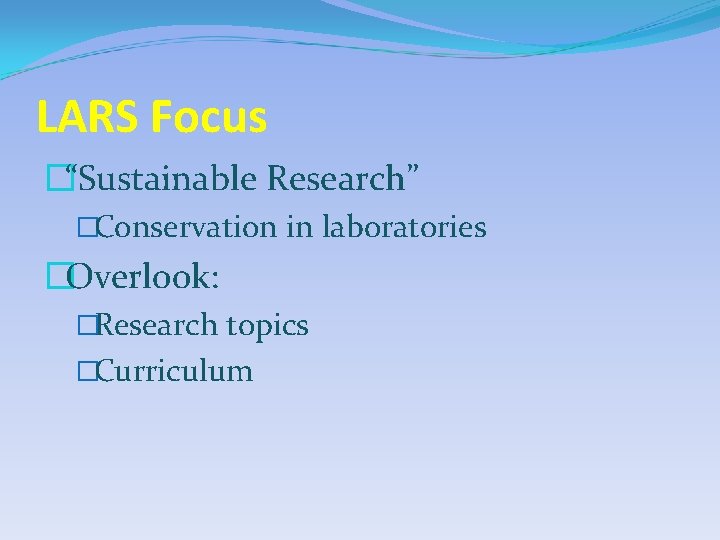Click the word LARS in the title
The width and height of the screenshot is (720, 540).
coord(88,118)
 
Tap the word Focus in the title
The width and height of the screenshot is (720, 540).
coord(209,118)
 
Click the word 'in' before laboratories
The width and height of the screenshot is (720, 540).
coord(299,228)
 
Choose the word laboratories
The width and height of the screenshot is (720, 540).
coord(404,228)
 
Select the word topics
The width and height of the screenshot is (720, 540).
coord(267,326)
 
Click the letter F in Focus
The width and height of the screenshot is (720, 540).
coord(161,118)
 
